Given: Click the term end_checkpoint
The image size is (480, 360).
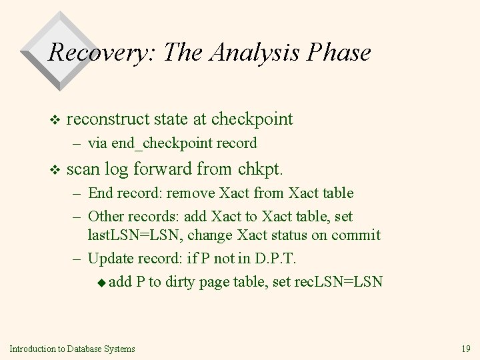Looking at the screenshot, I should (x=150, y=143).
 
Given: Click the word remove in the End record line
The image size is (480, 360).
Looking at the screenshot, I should (x=189, y=194).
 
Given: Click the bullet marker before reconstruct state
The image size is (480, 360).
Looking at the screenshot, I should (x=55, y=121).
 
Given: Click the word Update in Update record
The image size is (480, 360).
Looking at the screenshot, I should (x=107, y=258).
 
